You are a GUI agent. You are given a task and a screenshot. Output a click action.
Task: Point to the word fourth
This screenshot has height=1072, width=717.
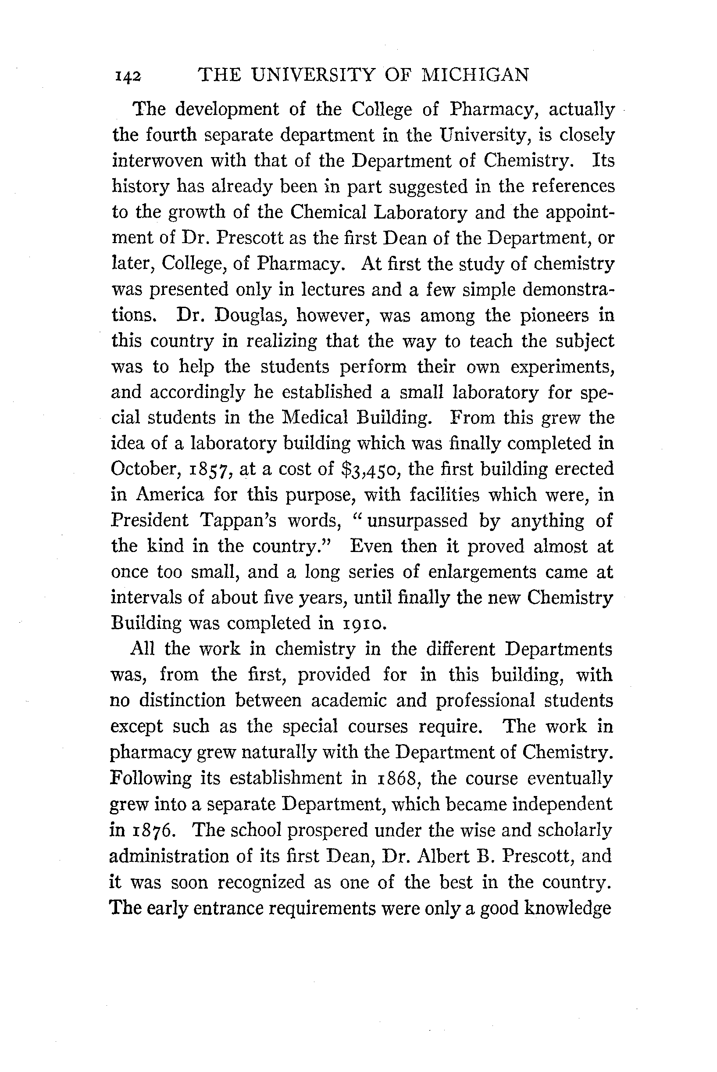pyautogui.click(x=171, y=135)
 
